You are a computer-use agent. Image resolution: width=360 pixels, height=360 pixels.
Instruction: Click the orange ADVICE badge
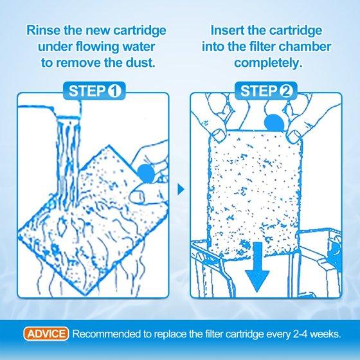click(x=46, y=334)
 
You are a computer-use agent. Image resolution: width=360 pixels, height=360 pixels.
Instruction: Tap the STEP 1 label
click(x=94, y=91)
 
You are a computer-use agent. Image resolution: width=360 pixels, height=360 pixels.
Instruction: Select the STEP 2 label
click(x=266, y=91)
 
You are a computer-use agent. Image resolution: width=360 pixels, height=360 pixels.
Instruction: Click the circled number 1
click(x=114, y=91)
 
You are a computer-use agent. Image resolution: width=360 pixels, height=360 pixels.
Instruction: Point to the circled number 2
click(x=286, y=91)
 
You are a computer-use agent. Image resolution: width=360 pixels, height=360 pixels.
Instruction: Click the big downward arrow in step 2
click(x=257, y=267)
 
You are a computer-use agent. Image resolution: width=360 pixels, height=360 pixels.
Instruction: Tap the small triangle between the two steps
click(x=181, y=190)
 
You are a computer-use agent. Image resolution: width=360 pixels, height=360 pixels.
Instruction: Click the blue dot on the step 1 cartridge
click(x=146, y=174)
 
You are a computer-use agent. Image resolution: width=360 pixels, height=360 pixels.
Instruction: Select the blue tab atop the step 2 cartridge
click(x=274, y=123)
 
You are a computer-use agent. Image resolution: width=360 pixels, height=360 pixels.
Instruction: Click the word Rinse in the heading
click(x=44, y=30)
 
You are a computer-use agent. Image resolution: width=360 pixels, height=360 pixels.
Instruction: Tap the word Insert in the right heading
click(x=228, y=30)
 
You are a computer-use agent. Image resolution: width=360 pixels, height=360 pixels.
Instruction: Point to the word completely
click(x=268, y=63)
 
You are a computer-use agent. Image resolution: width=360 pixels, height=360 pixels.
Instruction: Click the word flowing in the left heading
click(x=98, y=47)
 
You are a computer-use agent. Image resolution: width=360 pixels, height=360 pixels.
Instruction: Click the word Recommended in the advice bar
click(x=107, y=334)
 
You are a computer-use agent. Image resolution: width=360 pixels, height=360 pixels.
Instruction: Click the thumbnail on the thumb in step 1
click(x=138, y=196)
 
